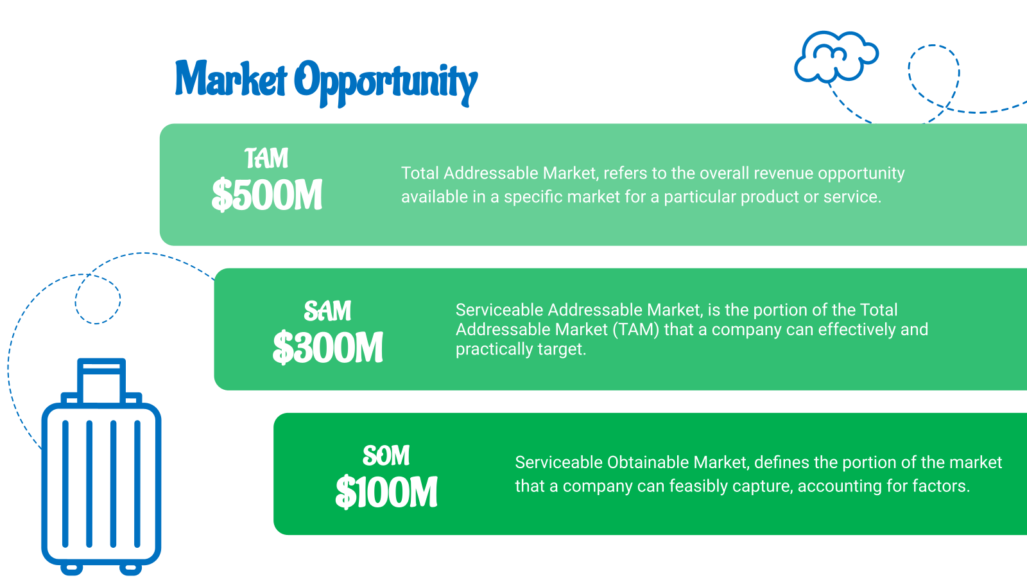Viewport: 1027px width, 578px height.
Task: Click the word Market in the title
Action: click(231, 79)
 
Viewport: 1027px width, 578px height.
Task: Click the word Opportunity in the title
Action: click(386, 83)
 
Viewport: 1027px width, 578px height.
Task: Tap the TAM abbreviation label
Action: click(266, 158)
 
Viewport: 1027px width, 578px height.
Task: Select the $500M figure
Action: click(267, 195)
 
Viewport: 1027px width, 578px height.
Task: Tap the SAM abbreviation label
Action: click(328, 311)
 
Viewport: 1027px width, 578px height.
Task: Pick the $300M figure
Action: click(328, 347)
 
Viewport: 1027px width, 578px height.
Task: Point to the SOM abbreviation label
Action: click(386, 455)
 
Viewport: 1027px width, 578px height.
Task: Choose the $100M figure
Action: click(386, 492)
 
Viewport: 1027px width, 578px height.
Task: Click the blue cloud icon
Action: click(836, 57)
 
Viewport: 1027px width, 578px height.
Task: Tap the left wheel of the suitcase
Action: click(71, 569)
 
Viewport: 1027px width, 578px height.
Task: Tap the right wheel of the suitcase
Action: click(131, 569)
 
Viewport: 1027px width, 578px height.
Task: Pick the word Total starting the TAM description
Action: click(420, 173)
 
